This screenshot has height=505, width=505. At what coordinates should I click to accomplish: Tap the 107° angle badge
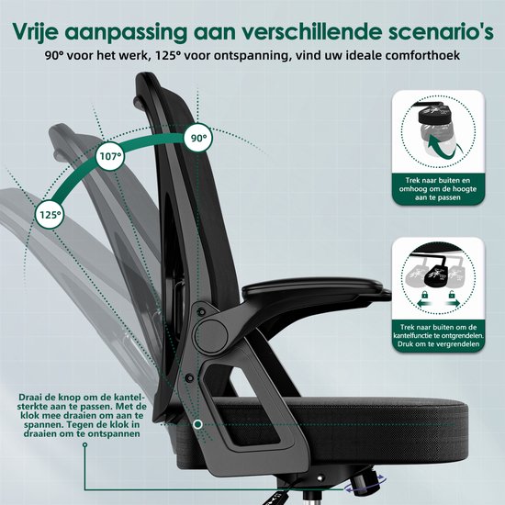tap(110, 157)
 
